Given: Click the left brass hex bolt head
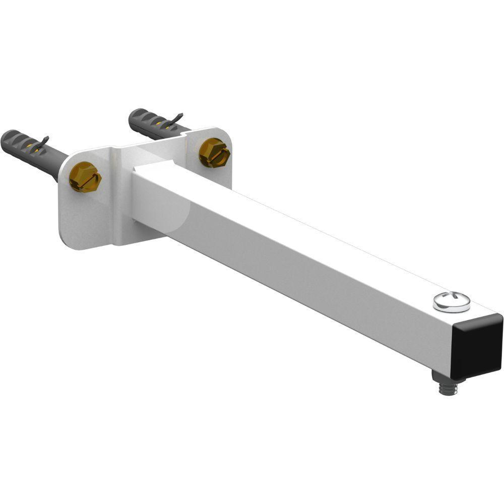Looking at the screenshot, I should [85, 177].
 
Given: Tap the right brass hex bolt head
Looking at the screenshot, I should [214, 152].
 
